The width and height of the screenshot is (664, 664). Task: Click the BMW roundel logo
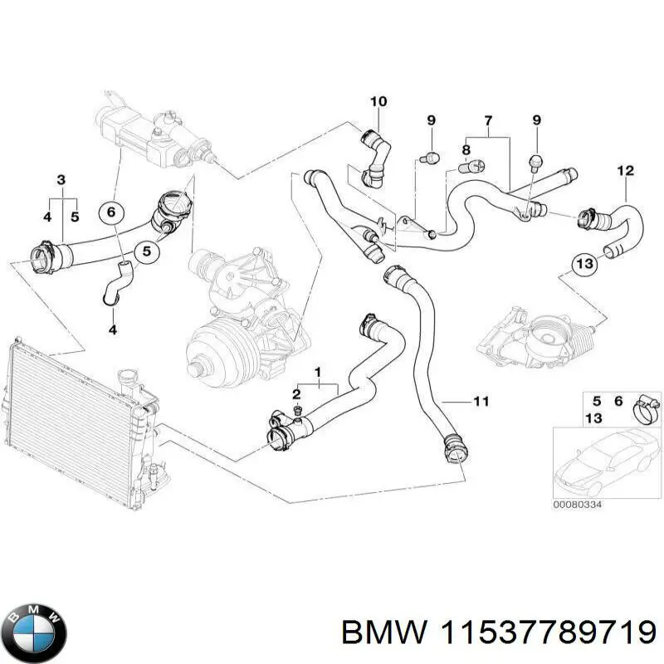click(x=34, y=628)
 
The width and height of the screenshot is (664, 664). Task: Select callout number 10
click(x=378, y=102)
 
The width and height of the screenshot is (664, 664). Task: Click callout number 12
click(x=624, y=171)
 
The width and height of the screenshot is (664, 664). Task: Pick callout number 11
click(x=481, y=402)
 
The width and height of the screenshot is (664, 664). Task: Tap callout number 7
click(x=488, y=122)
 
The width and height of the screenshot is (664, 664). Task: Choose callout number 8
click(x=466, y=150)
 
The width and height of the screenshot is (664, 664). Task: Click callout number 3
click(x=61, y=180)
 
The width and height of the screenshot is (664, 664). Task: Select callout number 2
click(x=296, y=393)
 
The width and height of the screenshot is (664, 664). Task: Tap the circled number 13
click(x=583, y=264)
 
